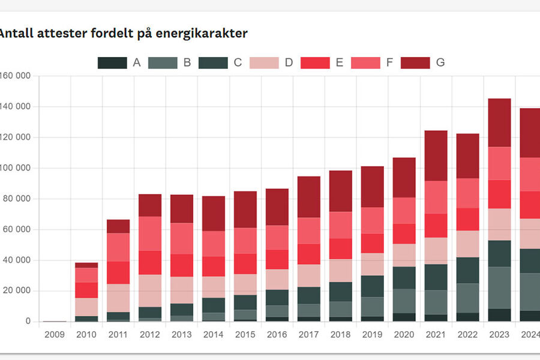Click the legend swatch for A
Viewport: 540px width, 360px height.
(x=112, y=63)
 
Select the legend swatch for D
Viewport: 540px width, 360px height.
(x=264, y=63)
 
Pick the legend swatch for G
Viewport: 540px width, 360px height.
(x=415, y=63)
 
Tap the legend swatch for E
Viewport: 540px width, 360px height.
(x=315, y=63)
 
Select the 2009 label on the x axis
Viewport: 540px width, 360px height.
(x=55, y=334)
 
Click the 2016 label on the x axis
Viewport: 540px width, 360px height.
(x=277, y=334)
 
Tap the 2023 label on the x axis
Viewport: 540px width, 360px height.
(x=499, y=334)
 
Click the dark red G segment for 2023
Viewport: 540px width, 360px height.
(x=499, y=123)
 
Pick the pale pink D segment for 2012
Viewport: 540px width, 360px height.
(x=150, y=291)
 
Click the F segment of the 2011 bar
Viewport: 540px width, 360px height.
(x=118, y=247)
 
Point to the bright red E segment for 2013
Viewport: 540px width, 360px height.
(x=182, y=265)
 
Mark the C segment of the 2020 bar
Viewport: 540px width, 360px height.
(x=404, y=278)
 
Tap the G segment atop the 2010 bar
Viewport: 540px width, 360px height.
(x=86, y=265)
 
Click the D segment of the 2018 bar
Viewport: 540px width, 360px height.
(x=341, y=271)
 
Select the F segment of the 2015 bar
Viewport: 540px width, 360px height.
(x=245, y=241)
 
